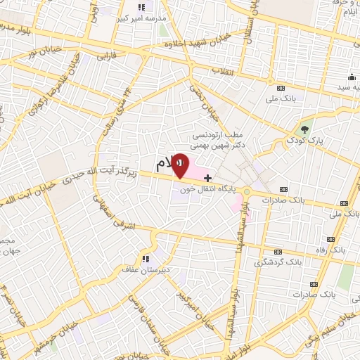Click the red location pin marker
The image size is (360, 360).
point(180,165)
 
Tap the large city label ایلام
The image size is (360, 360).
point(164,163)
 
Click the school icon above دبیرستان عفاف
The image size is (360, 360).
point(147,258)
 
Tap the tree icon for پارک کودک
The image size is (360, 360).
point(304,129)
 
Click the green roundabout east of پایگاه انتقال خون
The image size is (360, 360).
point(247,191)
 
